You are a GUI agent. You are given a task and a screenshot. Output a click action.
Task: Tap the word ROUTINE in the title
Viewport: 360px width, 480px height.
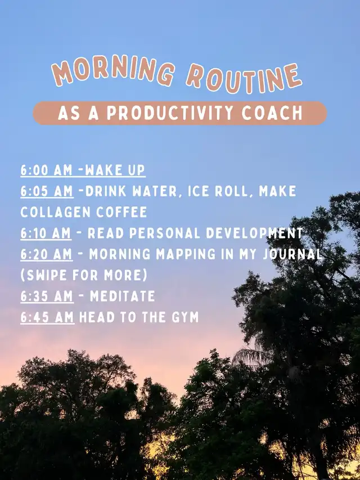pyautogui.click(x=244, y=78)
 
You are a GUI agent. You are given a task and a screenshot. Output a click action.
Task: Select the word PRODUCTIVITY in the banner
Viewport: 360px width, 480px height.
pyautogui.click(x=169, y=113)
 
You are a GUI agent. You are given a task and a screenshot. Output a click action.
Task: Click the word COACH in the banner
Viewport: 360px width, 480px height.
pyautogui.click(x=272, y=113)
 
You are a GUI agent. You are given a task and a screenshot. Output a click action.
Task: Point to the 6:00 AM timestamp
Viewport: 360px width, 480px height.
pyautogui.click(x=46, y=170)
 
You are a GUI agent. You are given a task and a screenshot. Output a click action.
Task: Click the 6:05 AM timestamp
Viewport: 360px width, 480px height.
pyautogui.click(x=47, y=191)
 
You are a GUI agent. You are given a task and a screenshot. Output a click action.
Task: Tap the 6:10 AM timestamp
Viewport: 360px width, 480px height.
pyautogui.click(x=46, y=234)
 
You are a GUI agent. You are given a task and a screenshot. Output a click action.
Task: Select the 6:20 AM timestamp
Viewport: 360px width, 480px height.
pyautogui.click(x=47, y=254)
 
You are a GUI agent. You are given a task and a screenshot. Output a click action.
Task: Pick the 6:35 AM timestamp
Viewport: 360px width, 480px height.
pyautogui.click(x=47, y=297)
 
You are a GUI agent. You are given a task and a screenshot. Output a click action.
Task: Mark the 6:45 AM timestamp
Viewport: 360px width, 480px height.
pyautogui.click(x=47, y=317)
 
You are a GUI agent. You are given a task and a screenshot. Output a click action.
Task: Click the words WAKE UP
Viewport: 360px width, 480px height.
pyautogui.click(x=115, y=170)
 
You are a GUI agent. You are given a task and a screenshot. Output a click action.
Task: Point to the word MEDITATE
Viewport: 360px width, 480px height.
pyautogui.click(x=123, y=297)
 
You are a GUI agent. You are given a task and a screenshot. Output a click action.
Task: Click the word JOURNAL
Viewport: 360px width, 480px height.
pyautogui.click(x=292, y=254)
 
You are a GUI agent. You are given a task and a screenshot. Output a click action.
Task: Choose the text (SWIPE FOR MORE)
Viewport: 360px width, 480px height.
pyautogui.click(x=84, y=276)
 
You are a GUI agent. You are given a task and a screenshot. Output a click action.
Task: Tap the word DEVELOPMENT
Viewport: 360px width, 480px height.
pyautogui.click(x=254, y=234)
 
